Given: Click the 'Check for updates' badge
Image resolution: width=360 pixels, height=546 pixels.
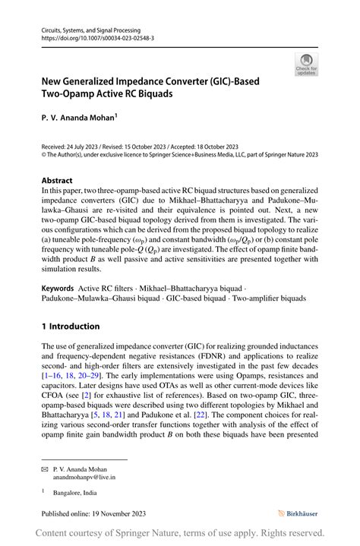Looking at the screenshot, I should click(307, 64).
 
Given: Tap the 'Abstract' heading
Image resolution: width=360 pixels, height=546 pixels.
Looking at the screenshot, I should click(57, 180).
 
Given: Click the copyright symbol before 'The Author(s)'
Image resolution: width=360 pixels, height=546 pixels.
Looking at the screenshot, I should click(43, 156).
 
